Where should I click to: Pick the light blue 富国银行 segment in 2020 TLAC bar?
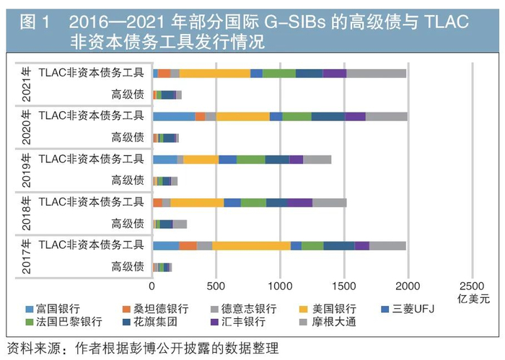tap(174, 116)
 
